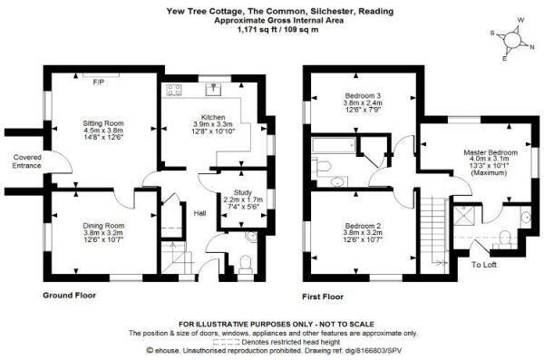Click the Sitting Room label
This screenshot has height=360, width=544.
[103, 123]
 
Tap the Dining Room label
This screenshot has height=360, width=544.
[103, 226]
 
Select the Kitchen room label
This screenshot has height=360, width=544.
[213, 117]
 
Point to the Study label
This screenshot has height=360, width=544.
[242, 192]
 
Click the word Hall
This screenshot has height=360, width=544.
[199, 213]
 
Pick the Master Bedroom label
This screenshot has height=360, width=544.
[491, 152]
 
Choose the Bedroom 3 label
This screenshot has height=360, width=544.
[363, 95]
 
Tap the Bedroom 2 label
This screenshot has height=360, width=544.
[363, 225]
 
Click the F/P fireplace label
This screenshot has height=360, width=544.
[99, 83]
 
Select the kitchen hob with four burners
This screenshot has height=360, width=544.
[173, 90]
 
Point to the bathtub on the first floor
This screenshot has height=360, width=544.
[334, 145]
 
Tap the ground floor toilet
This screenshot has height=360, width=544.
[246, 264]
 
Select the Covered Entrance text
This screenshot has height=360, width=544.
[26, 161]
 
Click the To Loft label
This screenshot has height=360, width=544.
[484, 265]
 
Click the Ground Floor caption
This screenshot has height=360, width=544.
[69, 296]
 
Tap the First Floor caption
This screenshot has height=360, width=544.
[323, 297]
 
